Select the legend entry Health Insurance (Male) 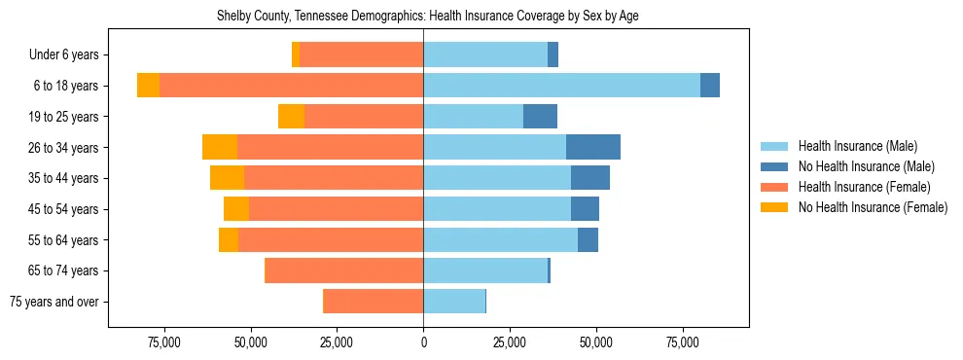(856, 146)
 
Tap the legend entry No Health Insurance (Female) (873, 207)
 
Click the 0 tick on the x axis (423, 342)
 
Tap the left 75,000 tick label (163, 342)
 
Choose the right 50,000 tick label (595, 342)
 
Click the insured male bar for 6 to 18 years (561, 86)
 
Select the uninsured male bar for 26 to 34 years (593, 147)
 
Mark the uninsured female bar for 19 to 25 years (291, 117)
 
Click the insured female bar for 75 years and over (373, 302)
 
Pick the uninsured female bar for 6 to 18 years (148, 86)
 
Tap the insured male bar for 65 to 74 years (485, 270)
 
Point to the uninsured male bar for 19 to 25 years (540, 117)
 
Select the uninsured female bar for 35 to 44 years (227, 178)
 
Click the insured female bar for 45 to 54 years (336, 209)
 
